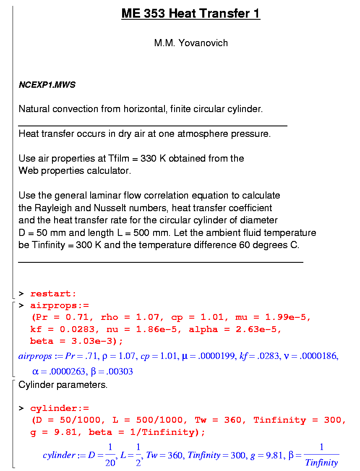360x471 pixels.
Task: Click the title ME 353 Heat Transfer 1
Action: click(190, 14)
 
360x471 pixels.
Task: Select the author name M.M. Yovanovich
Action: click(191, 43)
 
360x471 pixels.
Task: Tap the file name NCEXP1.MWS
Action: click(47, 85)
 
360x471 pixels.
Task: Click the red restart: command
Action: click(53, 294)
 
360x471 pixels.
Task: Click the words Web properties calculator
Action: click(75, 171)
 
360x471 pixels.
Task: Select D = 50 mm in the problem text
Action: click(42, 233)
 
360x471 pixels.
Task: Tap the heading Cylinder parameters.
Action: click(63, 385)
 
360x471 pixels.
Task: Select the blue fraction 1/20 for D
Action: click(110, 455)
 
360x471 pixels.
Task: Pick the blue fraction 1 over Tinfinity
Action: click(321, 455)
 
